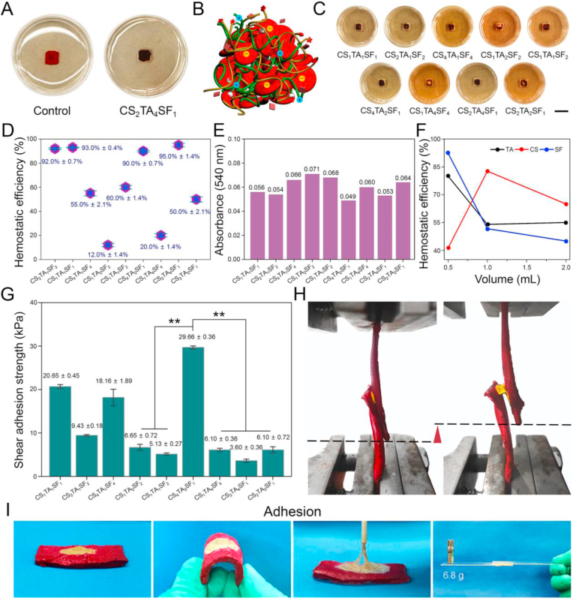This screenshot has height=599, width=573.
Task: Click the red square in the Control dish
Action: click(x=51, y=59)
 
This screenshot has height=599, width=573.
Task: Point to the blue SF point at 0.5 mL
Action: click(x=448, y=153)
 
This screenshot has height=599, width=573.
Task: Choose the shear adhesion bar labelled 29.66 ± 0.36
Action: click(x=193, y=402)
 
